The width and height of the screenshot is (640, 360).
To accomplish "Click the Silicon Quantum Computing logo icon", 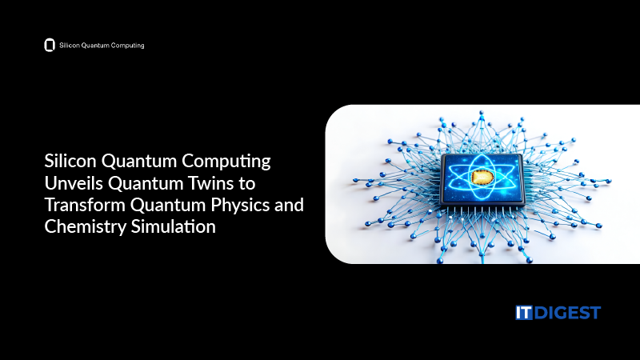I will click(49, 46).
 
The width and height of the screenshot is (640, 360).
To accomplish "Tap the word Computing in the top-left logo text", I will click(127, 46).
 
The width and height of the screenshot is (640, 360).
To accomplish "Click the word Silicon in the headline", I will click(69, 161).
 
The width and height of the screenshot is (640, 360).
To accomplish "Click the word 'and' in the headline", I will click(289, 205).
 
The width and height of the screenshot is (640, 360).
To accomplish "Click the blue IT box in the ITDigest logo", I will click(524, 313).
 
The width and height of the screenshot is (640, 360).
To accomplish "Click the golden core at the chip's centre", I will click(482, 177).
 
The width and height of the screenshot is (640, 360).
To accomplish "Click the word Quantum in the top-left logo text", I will click(94, 46).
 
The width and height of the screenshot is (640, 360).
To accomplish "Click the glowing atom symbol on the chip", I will click(482, 177).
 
